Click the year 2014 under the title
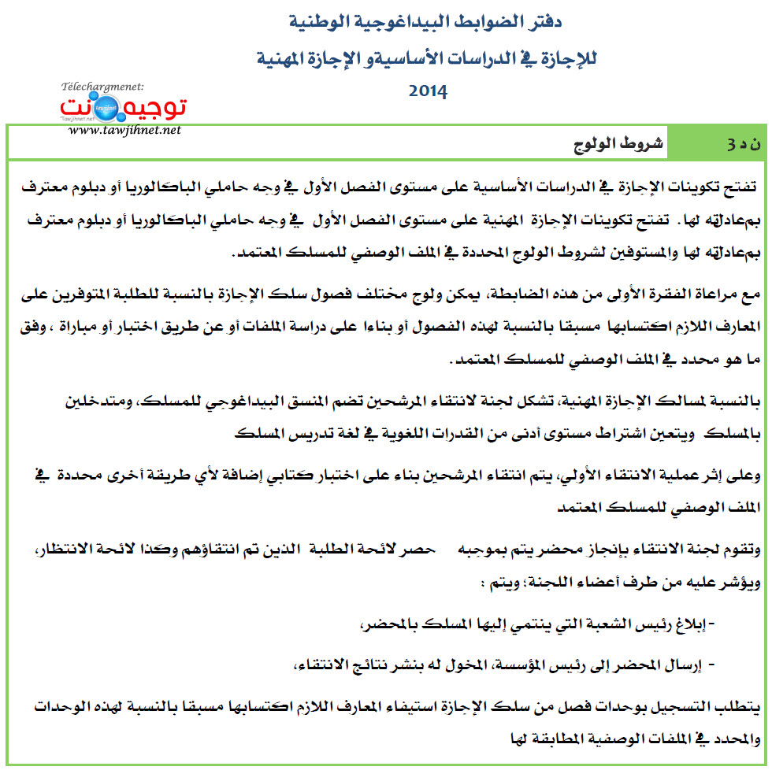pos(429,91)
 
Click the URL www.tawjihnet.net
pos(124,129)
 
